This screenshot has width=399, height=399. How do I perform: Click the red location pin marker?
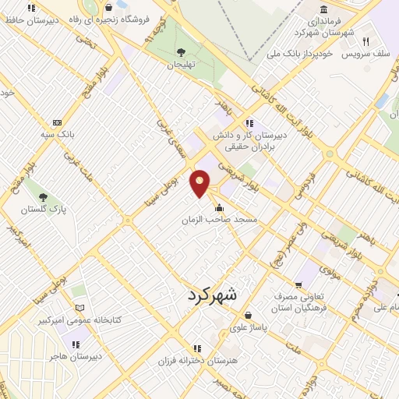201,184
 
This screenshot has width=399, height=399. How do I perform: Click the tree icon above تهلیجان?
181,52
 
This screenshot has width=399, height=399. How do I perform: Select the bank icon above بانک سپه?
57,122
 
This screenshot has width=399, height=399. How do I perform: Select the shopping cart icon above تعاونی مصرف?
298,284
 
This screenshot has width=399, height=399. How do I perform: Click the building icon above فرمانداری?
323,9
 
